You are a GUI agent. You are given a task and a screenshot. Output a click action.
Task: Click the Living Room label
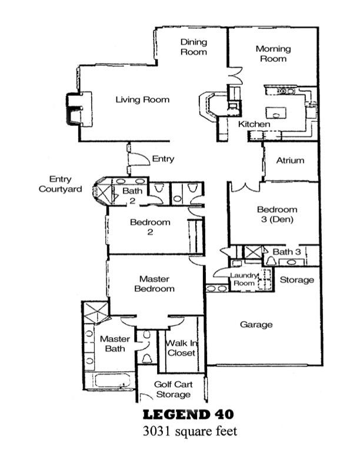coord(142,99)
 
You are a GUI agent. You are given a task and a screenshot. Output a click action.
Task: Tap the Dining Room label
coord(194,47)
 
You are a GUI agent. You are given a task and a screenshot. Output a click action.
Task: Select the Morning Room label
coord(273,54)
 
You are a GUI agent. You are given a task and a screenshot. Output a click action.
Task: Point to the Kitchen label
coord(254,125)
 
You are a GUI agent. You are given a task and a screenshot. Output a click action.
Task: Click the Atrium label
coord(290,160)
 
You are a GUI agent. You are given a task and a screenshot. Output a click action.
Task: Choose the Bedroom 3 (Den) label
coord(277,214)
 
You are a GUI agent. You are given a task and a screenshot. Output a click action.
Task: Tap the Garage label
coord(256,324)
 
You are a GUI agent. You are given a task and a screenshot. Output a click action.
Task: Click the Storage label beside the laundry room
coord(296,279)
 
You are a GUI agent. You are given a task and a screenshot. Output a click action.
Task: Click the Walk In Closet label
coord(181,348)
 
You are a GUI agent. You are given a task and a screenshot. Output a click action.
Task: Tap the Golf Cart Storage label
coord(172,389)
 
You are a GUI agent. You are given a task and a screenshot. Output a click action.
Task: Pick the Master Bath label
coord(115,344)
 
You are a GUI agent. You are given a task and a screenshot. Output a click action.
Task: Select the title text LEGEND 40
coord(190,415)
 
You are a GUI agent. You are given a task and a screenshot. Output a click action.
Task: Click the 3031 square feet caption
coord(190,431)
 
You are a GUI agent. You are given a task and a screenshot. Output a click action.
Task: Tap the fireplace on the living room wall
coord(76,109)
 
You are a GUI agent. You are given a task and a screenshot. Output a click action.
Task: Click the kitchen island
coord(276,112)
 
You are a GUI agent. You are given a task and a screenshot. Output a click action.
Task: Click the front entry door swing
coord(139,159)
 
